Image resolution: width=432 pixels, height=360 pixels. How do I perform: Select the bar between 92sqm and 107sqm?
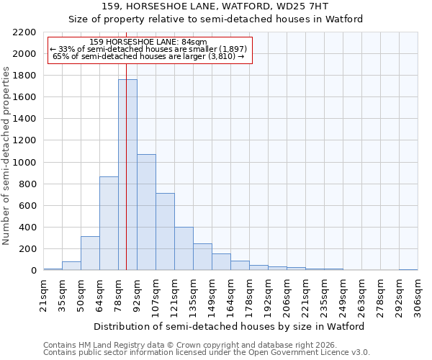[146, 212]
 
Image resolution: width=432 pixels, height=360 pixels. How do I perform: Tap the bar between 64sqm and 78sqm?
[109, 223]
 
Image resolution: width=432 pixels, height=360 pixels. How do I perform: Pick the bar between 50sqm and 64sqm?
[90, 253]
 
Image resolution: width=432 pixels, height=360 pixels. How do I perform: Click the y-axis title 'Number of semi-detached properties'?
[6, 156]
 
